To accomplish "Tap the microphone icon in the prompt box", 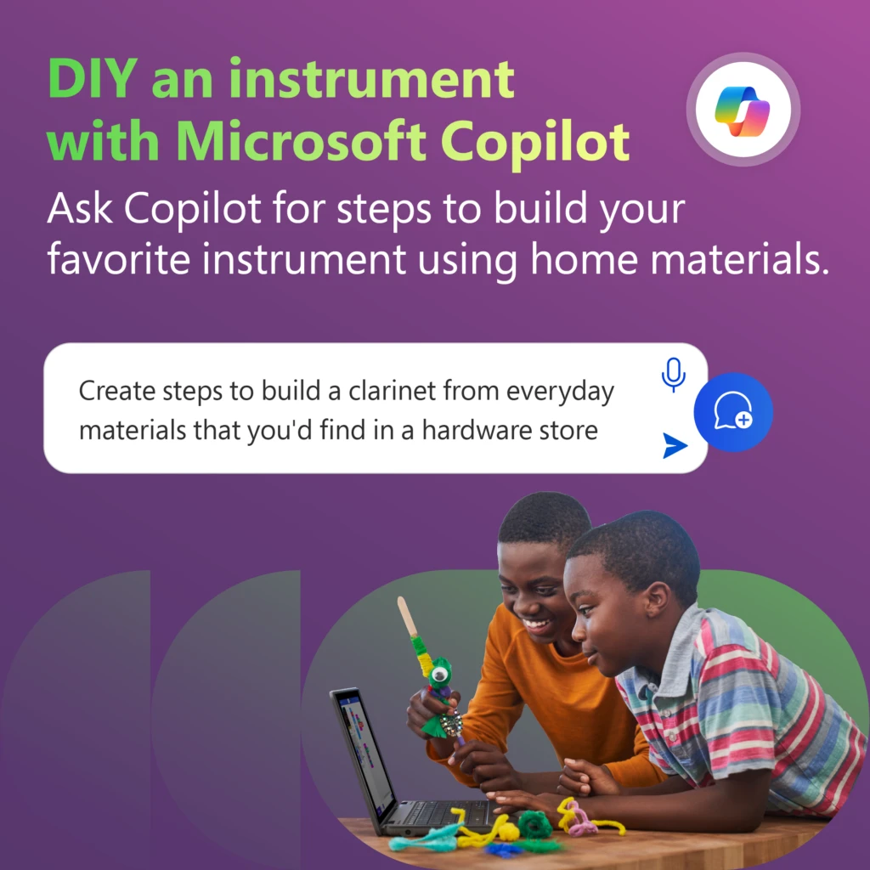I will pyautogui.click(x=673, y=374).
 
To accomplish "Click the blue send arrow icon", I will pyautogui.click(x=675, y=444).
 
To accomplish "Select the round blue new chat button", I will pyautogui.click(x=732, y=412).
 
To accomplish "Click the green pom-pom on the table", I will pyautogui.click(x=535, y=823).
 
